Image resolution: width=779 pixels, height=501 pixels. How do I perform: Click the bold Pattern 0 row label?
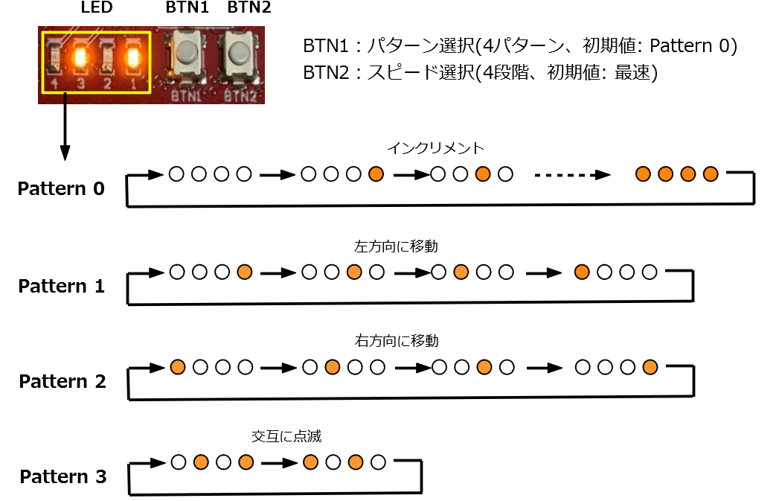coord(62,188)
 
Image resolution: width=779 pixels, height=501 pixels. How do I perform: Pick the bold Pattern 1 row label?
coord(62,286)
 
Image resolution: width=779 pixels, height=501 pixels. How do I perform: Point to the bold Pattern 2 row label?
coord(62,382)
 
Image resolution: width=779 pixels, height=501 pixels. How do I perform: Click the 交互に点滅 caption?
coord(286,436)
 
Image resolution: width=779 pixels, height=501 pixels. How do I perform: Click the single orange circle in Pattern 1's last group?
coord(583,272)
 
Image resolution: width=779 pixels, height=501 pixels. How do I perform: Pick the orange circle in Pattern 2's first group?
coord(177,367)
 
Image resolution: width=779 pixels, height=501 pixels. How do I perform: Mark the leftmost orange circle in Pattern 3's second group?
coord(311,462)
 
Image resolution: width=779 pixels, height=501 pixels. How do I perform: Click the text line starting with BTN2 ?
coord(480,74)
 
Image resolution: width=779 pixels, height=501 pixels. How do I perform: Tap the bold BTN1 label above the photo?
coord(186,10)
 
